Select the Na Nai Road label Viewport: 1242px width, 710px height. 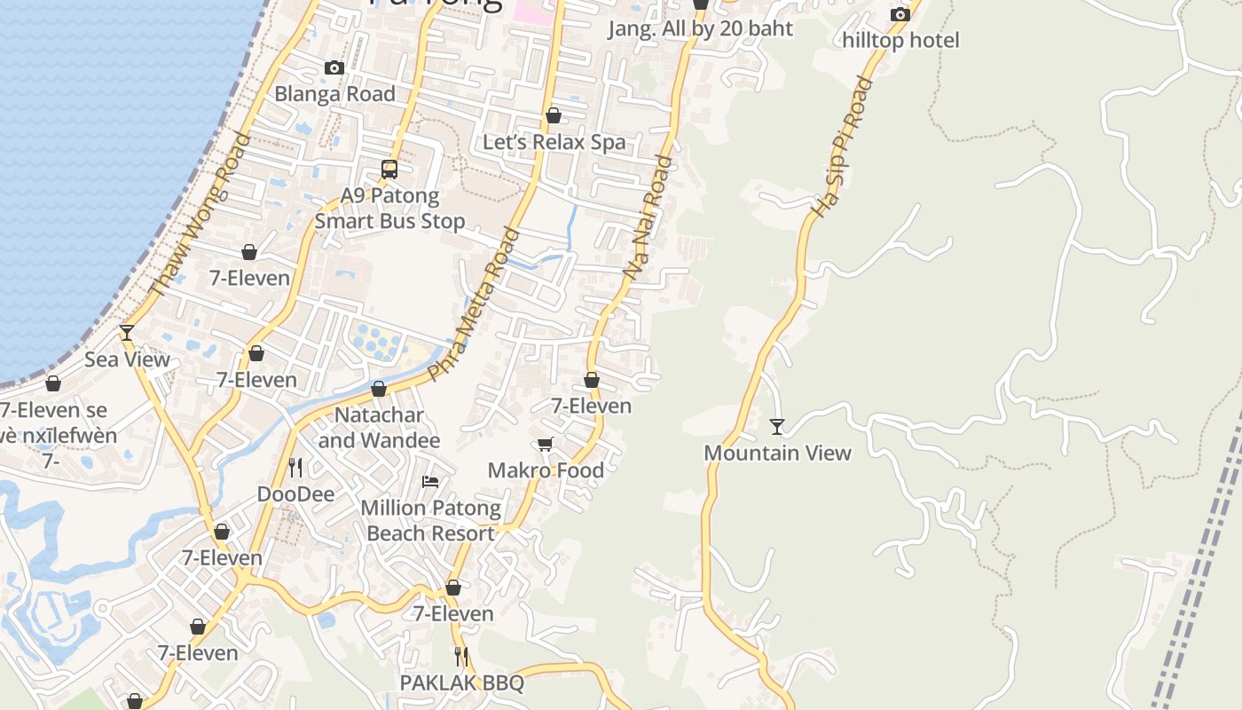(x=649, y=217)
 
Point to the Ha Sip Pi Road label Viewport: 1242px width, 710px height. (x=843, y=148)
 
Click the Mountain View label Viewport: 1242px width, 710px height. (x=777, y=453)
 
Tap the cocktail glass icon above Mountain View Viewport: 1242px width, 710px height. (x=777, y=427)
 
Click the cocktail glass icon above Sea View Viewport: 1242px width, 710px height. (x=127, y=333)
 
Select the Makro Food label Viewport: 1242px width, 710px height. (x=546, y=470)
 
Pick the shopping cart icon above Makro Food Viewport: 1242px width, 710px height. (x=545, y=444)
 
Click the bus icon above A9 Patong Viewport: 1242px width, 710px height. (x=389, y=169)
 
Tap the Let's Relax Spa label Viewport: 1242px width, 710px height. (x=554, y=142)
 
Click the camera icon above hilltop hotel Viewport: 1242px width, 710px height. (x=900, y=14)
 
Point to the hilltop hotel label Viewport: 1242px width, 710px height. (x=900, y=40)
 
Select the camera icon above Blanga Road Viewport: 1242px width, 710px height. (x=334, y=67)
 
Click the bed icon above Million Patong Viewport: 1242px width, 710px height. (x=430, y=482)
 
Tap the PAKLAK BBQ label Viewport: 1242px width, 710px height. (x=461, y=682)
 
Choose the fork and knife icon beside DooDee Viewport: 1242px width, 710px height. (x=295, y=467)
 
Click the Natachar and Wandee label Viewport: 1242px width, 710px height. (x=379, y=428)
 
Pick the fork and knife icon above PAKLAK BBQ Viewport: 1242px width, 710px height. (x=461, y=656)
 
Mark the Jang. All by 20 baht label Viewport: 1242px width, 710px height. (x=700, y=28)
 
